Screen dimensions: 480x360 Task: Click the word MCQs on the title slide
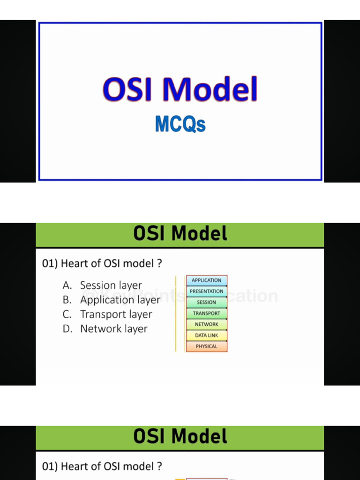180,125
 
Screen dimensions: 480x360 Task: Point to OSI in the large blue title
127,90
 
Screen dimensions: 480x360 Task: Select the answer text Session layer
111,285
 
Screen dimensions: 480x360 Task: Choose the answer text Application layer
120,300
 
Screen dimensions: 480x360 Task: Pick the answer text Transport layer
116,315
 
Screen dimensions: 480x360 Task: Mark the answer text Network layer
113,329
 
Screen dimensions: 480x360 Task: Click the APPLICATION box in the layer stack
206,280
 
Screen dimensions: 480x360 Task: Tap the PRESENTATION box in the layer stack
206,292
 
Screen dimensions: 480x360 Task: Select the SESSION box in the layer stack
206,302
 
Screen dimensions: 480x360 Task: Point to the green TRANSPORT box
206,314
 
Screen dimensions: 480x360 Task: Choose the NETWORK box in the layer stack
206,324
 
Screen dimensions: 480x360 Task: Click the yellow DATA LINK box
206,336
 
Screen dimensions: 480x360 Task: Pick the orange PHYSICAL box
206,346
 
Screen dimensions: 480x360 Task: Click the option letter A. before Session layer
67,285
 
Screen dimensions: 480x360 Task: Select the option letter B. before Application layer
67,300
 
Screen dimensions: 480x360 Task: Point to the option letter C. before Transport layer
67,315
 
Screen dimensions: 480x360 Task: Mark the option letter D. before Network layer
67,329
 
